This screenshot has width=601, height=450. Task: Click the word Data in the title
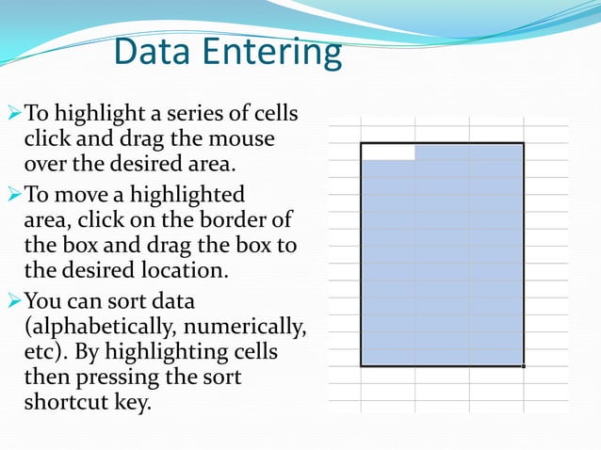click(x=152, y=53)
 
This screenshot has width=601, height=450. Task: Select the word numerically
click(x=250, y=328)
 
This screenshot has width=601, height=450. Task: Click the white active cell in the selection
click(x=388, y=152)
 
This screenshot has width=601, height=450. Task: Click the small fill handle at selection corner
click(x=524, y=366)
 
